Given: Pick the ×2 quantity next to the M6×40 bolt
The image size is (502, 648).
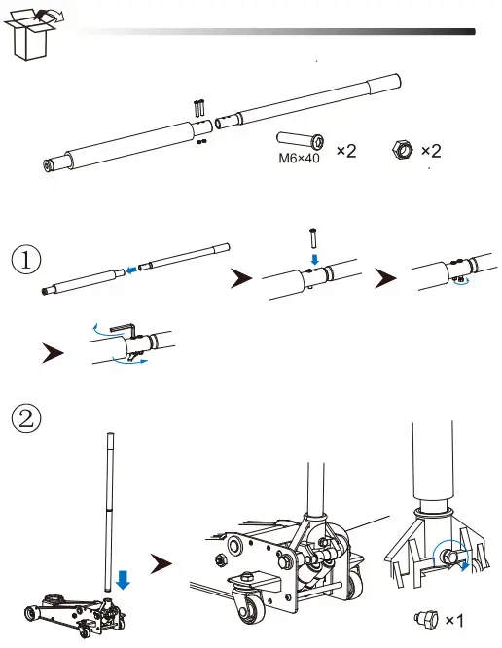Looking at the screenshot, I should coord(346,152).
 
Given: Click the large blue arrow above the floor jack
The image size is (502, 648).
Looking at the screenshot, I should coord(122,581).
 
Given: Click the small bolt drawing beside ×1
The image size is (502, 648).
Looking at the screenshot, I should coord(424,619).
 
